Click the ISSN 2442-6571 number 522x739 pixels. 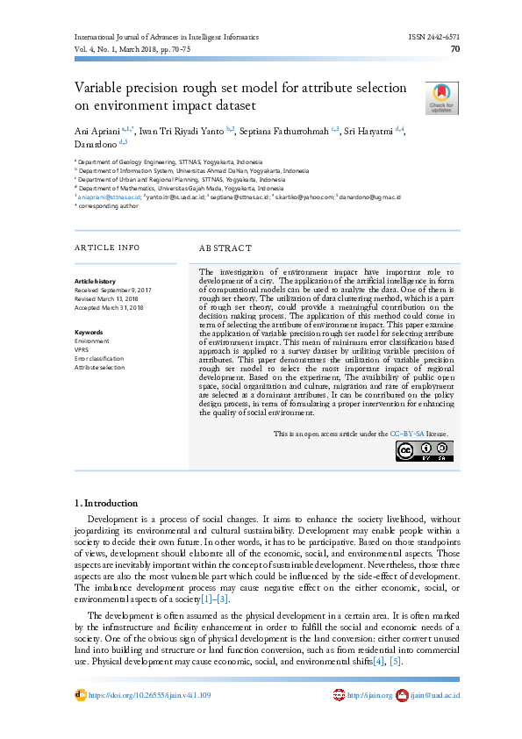point(434,38)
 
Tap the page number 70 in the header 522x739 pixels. point(455,50)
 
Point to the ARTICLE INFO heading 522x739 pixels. point(107,248)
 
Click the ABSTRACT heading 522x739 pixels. point(225,248)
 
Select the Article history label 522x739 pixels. point(95,281)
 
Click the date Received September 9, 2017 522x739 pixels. point(113,290)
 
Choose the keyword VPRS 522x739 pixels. point(82,349)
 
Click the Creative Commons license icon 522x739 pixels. point(424,450)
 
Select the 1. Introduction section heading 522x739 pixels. point(106,503)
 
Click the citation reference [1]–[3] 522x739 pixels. point(216,598)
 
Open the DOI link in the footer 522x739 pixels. point(148,695)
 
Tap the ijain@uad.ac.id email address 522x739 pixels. point(435,695)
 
